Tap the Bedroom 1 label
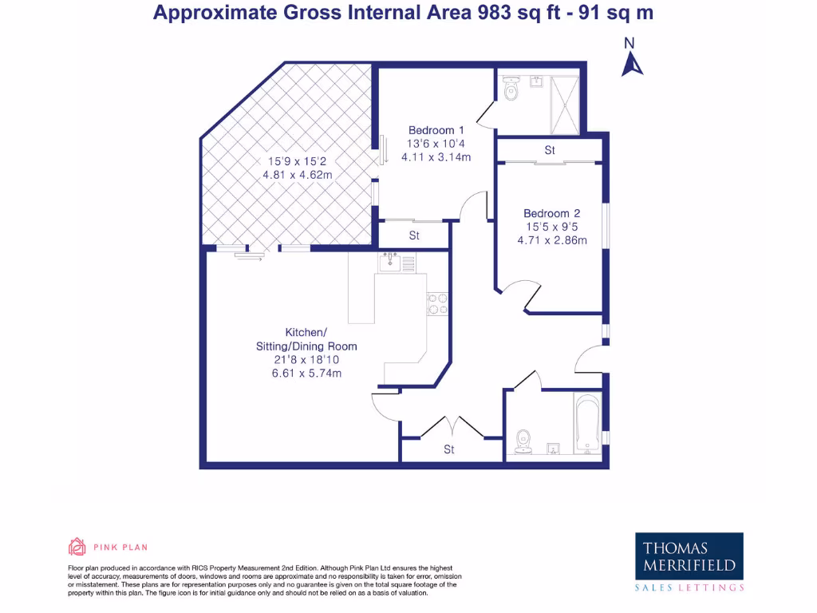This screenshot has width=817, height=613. point(436,130)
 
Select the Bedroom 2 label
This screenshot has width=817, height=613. point(551,213)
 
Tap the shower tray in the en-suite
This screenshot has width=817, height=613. point(566,101)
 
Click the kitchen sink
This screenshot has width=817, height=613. point(391,262)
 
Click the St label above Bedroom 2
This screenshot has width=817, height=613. point(550,150)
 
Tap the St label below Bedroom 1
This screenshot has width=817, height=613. point(414,235)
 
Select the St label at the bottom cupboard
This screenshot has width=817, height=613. point(449,450)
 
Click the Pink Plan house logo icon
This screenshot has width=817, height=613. point(77,547)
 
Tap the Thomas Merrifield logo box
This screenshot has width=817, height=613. point(689,557)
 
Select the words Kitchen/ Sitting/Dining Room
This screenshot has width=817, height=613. point(306,339)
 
